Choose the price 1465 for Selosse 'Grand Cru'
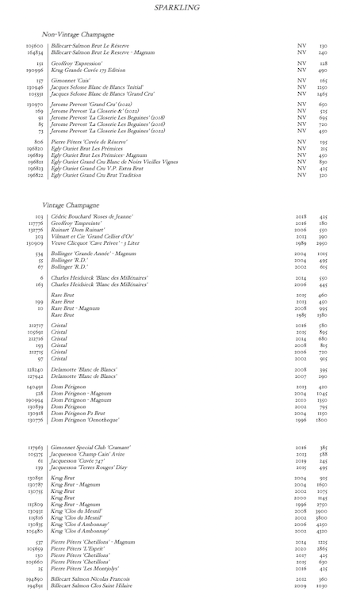pos(323,93)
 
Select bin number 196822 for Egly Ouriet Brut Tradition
pos(35,174)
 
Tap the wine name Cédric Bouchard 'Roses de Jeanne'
pos(92,216)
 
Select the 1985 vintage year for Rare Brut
pos(301,315)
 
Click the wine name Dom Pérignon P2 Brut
pos(82,414)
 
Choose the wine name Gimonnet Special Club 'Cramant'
pos(96,448)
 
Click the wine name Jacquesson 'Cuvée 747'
pos(80,461)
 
